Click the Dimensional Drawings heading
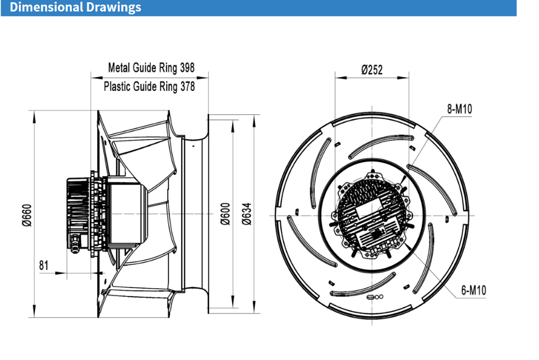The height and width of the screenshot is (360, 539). coord(75,7)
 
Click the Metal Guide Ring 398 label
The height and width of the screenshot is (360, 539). coord(151,68)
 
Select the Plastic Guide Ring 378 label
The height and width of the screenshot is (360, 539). coord(149,87)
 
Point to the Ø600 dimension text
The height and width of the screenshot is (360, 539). coord(225,213)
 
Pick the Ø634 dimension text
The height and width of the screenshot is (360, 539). coord(247,213)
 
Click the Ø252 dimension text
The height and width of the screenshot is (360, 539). coord(372,70)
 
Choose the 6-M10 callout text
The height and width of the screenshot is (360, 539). coord(473,290)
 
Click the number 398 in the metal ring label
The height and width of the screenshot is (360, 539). coord(187,68)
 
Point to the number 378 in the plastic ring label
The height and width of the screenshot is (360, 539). coord(187,87)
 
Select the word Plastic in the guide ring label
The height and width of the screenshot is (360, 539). coord(117,87)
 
